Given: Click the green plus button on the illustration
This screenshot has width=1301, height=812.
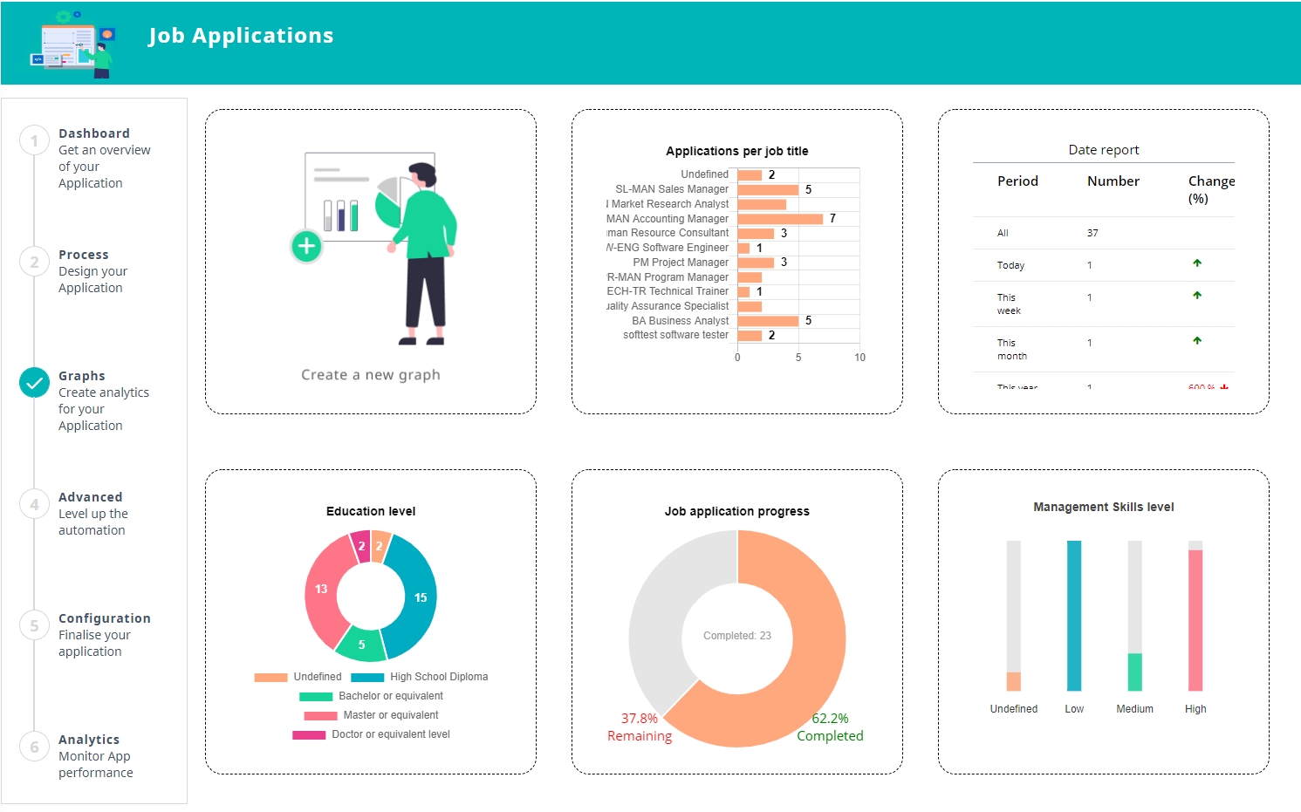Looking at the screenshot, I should pyautogui.click(x=306, y=247).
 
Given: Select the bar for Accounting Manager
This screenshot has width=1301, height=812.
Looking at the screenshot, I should pyautogui.click(x=779, y=219).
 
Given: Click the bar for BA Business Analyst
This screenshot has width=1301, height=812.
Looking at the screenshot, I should pyautogui.click(x=768, y=321).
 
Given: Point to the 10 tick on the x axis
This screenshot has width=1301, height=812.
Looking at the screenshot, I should pyautogui.click(x=859, y=358).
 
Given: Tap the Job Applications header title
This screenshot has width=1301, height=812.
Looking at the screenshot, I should pyautogui.click(x=241, y=36).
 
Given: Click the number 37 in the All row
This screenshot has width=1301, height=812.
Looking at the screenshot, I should pyautogui.click(x=1092, y=233).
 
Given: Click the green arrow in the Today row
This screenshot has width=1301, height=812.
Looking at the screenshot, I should pyautogui.click(x=1197, y=263).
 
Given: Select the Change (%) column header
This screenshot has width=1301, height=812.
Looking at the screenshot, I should pyautogui.click(x=1210, y=188).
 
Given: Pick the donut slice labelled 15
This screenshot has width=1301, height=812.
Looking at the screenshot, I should pyautogui.click(x=414, y=597).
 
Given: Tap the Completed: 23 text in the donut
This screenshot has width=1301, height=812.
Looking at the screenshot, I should pyautogui.click(x=737, y=636).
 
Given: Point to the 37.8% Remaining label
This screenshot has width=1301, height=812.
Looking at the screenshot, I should pyautogui.click(x=640, y=727).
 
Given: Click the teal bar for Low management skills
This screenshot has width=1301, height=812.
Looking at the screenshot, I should pyautogui.click(x=1074, y=616).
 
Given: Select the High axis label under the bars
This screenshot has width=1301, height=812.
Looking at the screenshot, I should pyautogui.click(x=1195, y=709).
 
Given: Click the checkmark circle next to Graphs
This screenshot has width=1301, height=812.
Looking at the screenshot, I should pyautogui.click(x=35, y=382).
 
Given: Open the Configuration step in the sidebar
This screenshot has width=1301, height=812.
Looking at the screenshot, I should pyautogui.click(x=104, y=618).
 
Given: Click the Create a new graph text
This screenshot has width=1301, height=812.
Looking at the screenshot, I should pyautogui.click(x=371, y=375).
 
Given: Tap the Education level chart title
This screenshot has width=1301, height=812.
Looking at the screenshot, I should pyautogui.click(x=371, y=511).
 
